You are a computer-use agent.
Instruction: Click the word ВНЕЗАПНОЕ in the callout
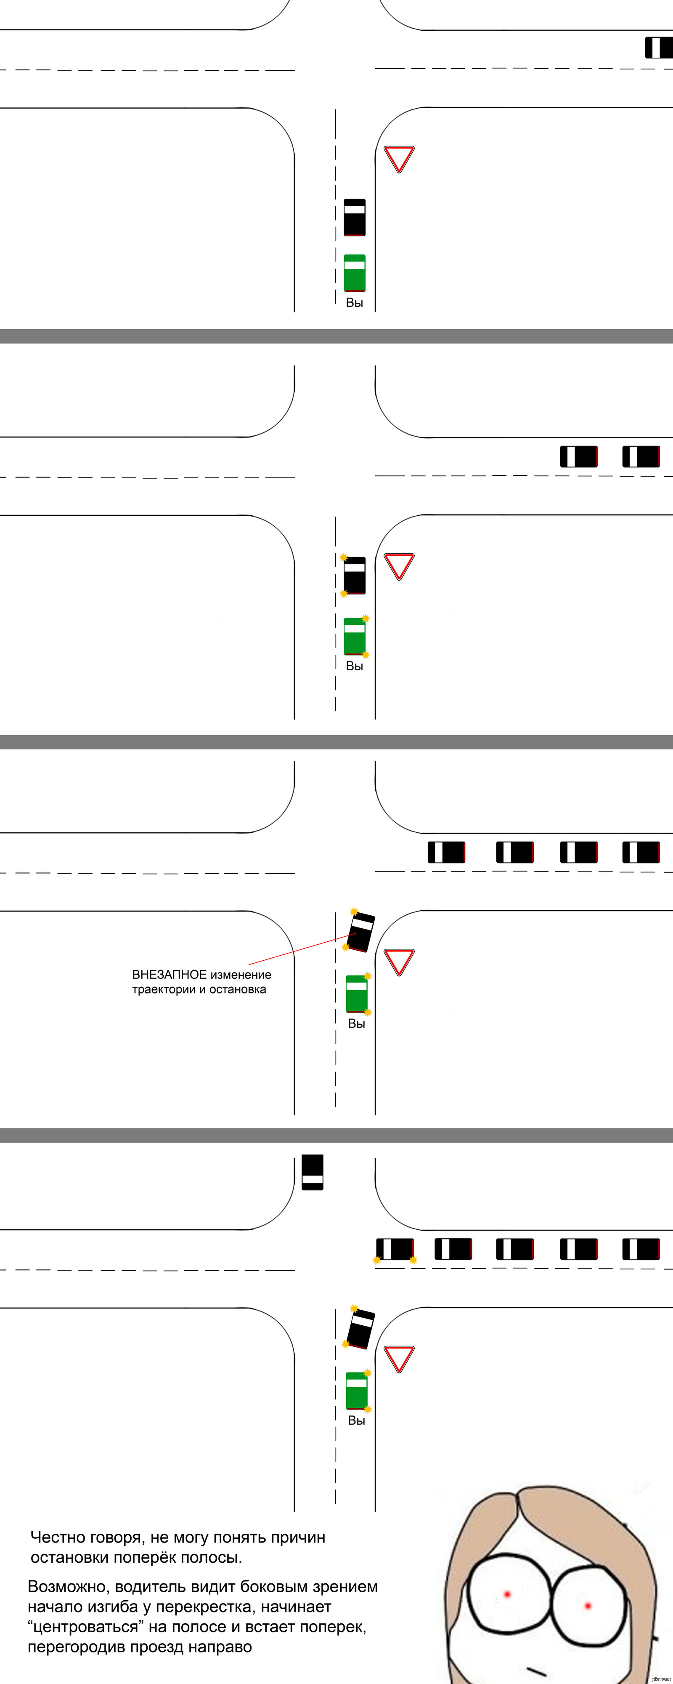(x=169, y=975)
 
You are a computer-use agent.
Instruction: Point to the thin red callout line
(x=294, y=951)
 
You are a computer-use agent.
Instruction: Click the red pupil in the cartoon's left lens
(x=507, y=1594)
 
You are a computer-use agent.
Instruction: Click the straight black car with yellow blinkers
(x=354, y=575)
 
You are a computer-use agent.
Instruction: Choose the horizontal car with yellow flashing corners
(x=395, y=1249)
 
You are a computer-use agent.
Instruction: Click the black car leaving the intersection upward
(x=313, y=1172)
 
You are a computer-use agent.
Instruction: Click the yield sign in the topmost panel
(x=399, y=157)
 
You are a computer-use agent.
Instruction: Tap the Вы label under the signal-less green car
(x=354, y=303)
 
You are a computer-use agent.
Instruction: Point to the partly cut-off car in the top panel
(x=659, y=48)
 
